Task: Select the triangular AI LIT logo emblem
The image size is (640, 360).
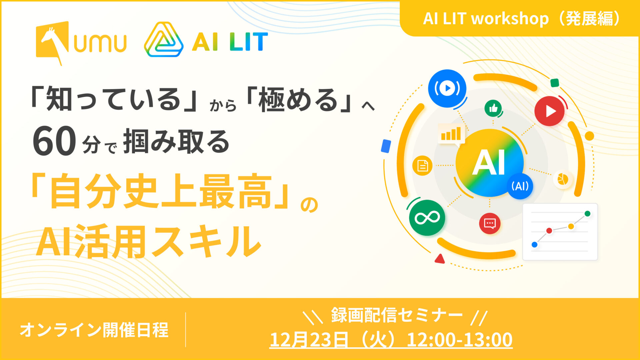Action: coord(164,40)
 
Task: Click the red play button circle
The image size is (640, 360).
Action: coord(549,111)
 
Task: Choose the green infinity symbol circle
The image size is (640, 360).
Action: coord(427,218)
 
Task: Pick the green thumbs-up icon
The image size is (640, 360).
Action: coord(493,108)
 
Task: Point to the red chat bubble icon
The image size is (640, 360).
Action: coord(490,223)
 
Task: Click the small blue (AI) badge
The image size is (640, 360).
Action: coord(520,186)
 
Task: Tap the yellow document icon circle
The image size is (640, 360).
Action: coord(422,166)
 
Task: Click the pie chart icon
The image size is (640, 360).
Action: coord(563,179)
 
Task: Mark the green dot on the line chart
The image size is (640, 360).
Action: coord(587,214)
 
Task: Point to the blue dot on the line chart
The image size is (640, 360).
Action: coord(535,245)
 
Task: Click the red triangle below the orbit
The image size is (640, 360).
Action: coord(440,259)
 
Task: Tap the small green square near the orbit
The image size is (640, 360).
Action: coord(555,83)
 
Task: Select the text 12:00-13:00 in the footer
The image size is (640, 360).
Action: coord(460,340)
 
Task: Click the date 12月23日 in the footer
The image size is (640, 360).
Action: coord(309,340)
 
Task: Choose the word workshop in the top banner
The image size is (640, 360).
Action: coord(510,19)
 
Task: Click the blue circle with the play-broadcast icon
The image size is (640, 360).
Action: coord(447,88)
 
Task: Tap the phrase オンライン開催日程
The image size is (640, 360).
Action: coord(94,330)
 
